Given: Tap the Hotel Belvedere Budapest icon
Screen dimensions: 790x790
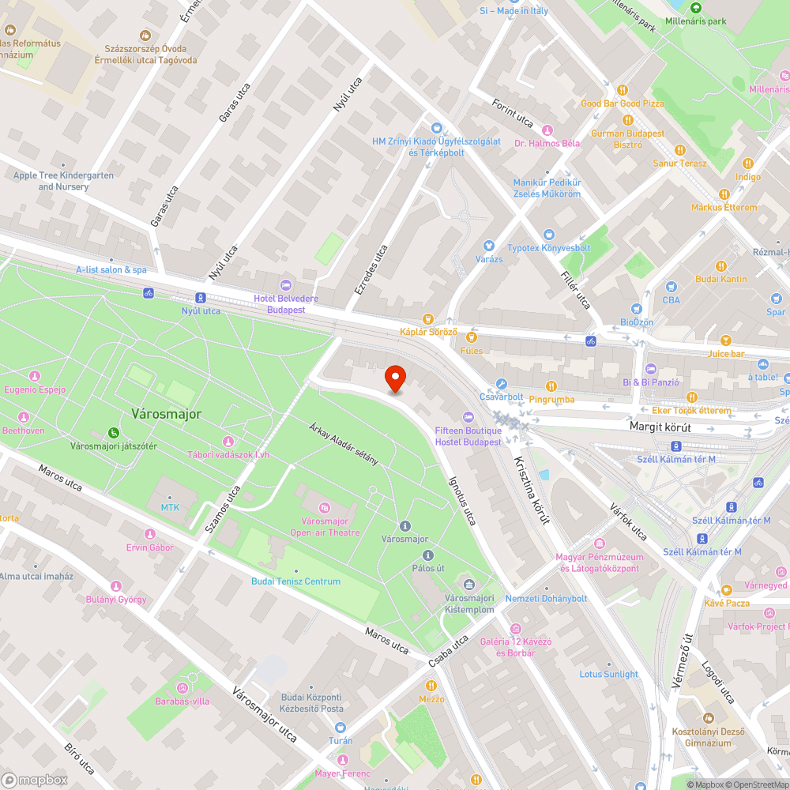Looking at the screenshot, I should point(286,284).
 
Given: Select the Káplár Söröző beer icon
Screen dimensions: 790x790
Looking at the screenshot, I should point(427,318).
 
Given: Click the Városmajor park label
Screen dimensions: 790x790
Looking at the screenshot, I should point(166,413).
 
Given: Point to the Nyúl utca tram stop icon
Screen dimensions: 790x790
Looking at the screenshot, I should point(201,297).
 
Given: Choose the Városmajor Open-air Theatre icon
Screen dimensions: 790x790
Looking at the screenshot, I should point(325,507).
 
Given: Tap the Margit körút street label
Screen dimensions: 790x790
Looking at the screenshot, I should point(660,427).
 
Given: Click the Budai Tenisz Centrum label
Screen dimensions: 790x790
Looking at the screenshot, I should point(295,581).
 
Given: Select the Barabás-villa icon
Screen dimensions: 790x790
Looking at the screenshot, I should point(190,687).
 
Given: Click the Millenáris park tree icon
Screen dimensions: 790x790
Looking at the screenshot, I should point(694,8).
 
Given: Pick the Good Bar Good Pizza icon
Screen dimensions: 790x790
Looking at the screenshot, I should point(622,90).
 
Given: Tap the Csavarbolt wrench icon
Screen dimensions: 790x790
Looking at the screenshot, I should point(501,384).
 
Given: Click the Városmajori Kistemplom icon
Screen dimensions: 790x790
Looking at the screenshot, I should point(469,585).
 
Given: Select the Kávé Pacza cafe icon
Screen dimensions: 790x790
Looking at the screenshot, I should point(726,589).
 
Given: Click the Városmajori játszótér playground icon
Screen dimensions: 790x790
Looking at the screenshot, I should point(114,432).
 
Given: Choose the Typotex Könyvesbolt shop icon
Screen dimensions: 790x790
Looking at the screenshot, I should point(549,235).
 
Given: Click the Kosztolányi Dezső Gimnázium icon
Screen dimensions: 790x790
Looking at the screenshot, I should point(708,718).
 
